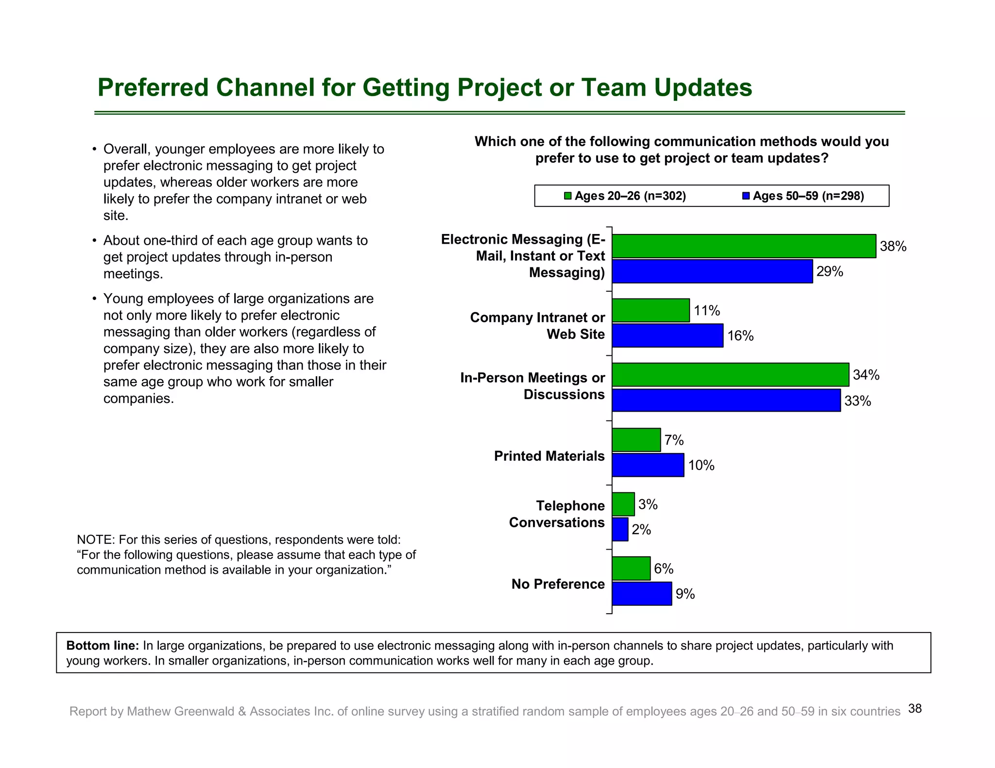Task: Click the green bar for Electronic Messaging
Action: [743, 246]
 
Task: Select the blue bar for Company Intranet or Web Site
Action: [668, 335]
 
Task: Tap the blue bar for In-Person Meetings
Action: [726, 401]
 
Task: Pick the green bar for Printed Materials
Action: [636, 440]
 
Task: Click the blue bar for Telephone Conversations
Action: [620, 529]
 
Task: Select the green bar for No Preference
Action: [631, 568]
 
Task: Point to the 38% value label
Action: [893, 247]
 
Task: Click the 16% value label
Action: [740, 336]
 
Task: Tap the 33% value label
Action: [858, 401]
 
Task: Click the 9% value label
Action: [685, 594]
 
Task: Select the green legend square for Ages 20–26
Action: [567, 196]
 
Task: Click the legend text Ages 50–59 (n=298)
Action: [808, 196]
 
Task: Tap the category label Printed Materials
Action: [549, 456]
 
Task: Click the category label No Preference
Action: [558, 584]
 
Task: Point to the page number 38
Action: [915, 709]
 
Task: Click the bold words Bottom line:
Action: [103, 646]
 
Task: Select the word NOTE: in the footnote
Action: [96, 540]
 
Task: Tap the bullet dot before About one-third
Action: [95, 241]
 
